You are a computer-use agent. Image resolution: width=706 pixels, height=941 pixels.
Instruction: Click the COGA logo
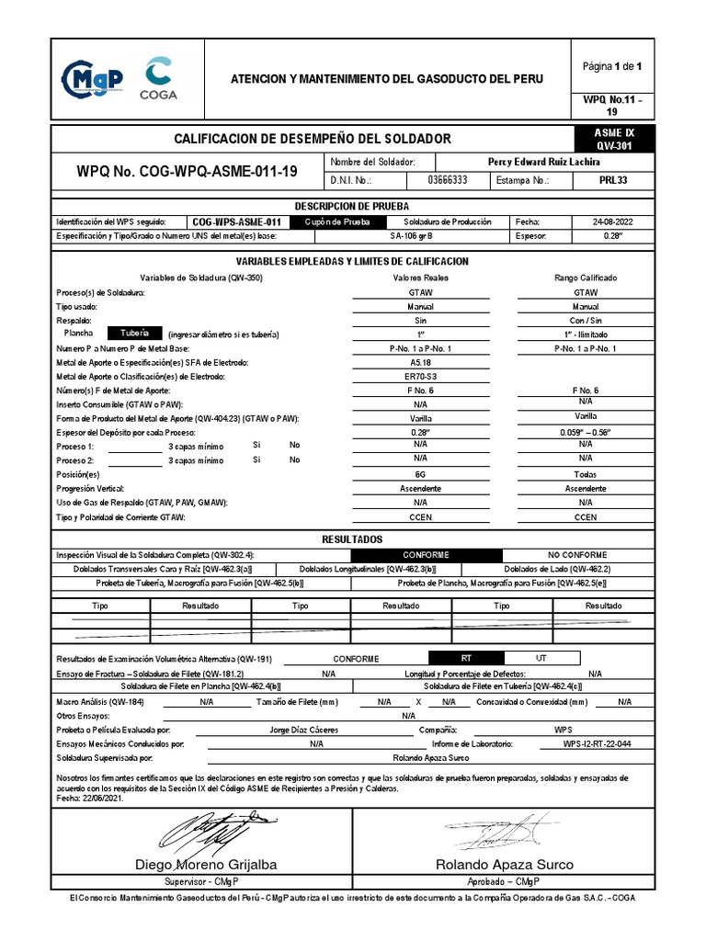[x=160, y=78]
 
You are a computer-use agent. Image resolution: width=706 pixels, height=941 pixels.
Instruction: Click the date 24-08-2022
[x=613, y=222]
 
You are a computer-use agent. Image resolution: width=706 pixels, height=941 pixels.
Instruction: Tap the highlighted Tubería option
[x=134, y=334]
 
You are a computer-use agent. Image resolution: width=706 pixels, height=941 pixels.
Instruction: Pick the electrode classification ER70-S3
[x=420, y=377]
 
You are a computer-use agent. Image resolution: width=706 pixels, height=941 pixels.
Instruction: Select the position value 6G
[x=420, y=475]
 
